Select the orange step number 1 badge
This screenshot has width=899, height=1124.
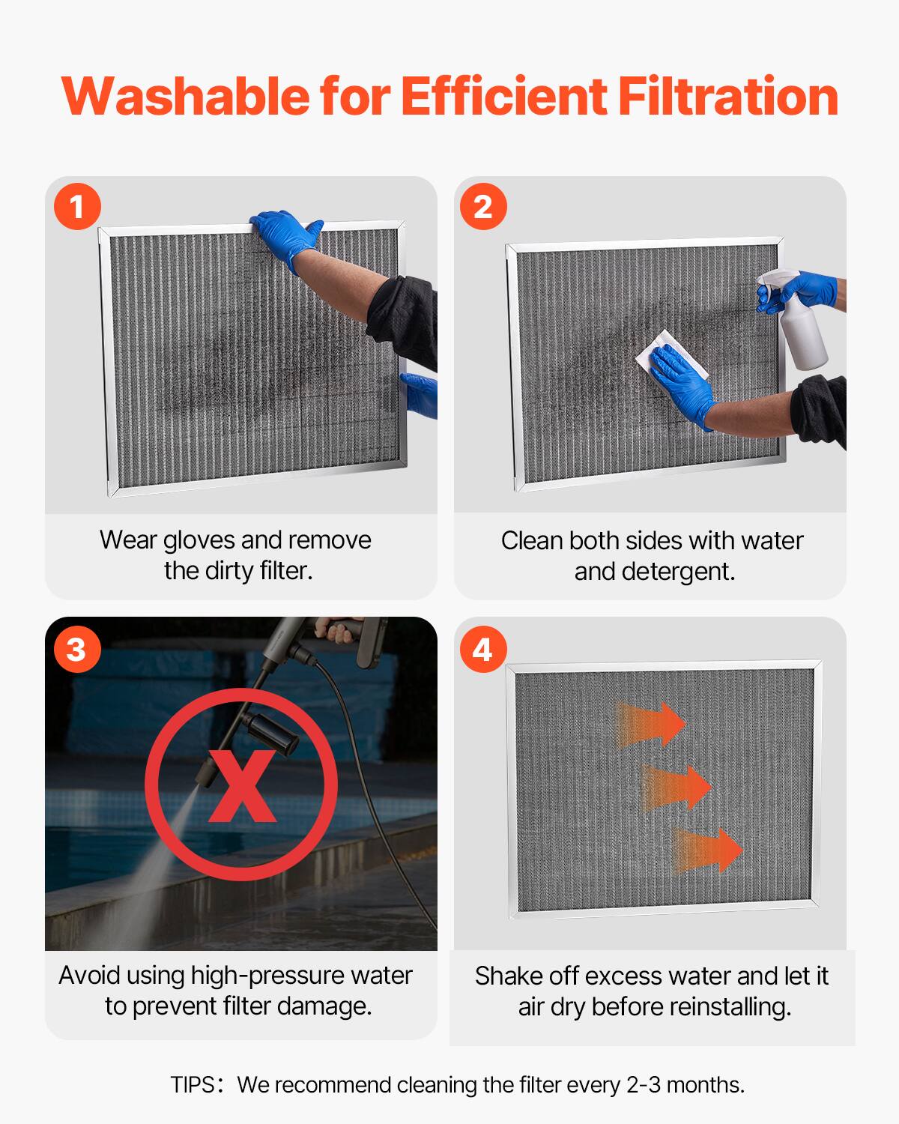(x=77, y=206)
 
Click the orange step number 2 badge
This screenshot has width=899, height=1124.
(x=483, y=206)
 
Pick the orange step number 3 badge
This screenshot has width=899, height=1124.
(x=76, y=648)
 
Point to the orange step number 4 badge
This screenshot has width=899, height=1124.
(x=483, y=648)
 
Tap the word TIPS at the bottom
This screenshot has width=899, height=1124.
(x=193, y=1085)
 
